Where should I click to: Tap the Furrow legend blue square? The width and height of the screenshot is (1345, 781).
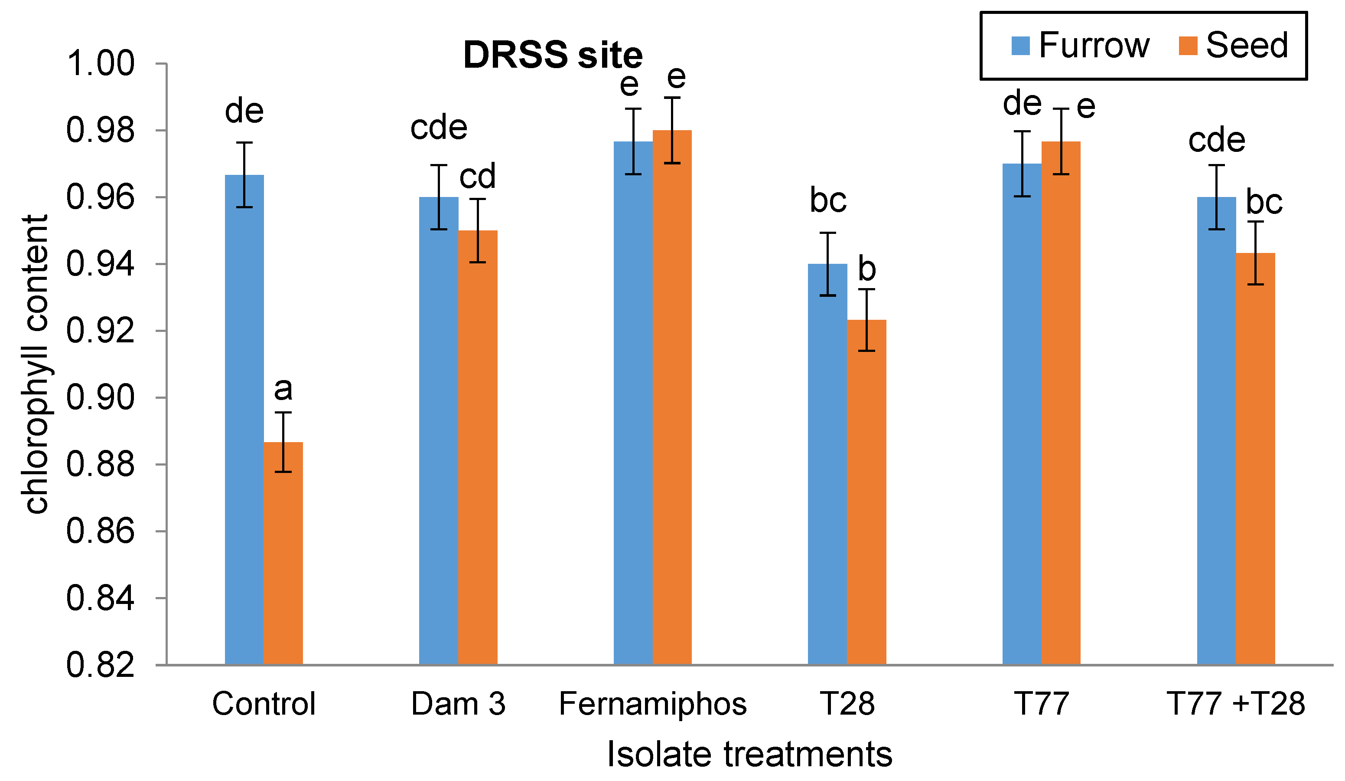tap(1020, 46)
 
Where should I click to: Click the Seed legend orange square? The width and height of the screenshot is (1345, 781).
tap(1188, 46)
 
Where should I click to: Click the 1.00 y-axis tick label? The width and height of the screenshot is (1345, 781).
tap(100, 64)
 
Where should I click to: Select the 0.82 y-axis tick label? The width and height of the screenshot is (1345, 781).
tap(100, 666)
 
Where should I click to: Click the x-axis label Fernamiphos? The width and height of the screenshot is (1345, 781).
tap(652, 704)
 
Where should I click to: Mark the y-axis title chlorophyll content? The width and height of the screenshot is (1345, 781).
tap(36, 364)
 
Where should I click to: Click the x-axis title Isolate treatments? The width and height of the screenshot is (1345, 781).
tap(749, 754)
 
